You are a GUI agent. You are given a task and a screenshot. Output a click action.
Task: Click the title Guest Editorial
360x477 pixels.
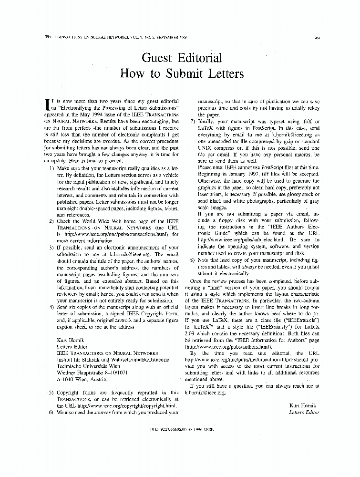pos(182,58)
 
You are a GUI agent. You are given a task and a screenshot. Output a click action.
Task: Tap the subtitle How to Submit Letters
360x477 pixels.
pos(182,74)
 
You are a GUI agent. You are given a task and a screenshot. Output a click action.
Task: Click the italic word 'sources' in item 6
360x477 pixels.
pos(103,412)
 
